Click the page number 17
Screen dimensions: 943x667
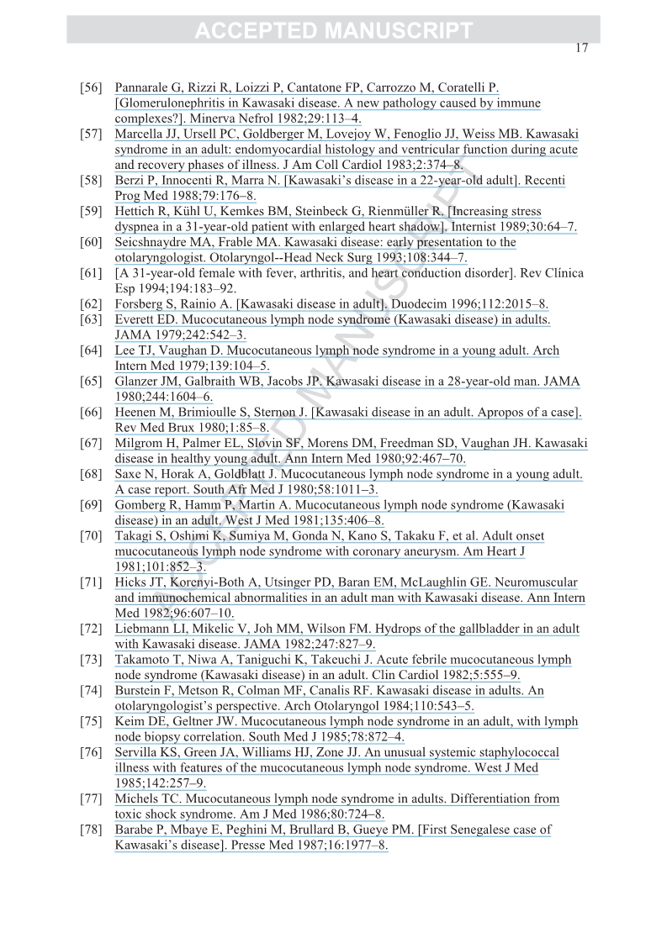pos(581,48)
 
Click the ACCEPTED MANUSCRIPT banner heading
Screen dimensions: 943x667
pos(333,32)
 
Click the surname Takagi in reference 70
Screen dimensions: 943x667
pos(135,535)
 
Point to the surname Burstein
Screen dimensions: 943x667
pos(138,691)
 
